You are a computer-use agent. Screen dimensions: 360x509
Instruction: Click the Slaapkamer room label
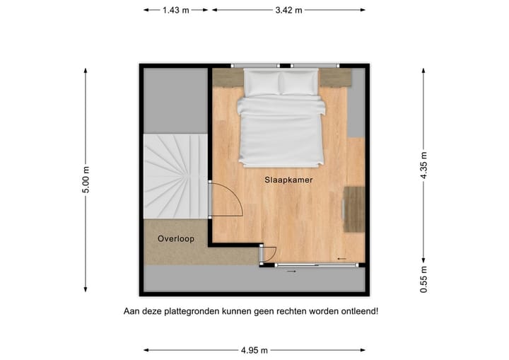288,180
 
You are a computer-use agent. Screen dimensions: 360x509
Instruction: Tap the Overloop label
176,238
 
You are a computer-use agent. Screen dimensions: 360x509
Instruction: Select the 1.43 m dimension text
175,10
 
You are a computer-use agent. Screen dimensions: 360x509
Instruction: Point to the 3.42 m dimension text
288,10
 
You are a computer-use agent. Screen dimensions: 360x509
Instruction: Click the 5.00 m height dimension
86,180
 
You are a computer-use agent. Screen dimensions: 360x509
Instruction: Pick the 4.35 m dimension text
423,166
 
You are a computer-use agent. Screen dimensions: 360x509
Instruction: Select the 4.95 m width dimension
254,349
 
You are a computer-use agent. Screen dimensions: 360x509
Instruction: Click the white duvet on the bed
281,131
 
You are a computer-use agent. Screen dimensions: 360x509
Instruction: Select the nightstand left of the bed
228,77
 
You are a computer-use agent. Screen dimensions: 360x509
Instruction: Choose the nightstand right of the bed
335,77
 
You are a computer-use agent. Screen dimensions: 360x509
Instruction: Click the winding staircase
175,176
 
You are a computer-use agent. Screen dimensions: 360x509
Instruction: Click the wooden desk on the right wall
354,209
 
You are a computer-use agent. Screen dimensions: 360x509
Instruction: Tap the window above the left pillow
255,66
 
